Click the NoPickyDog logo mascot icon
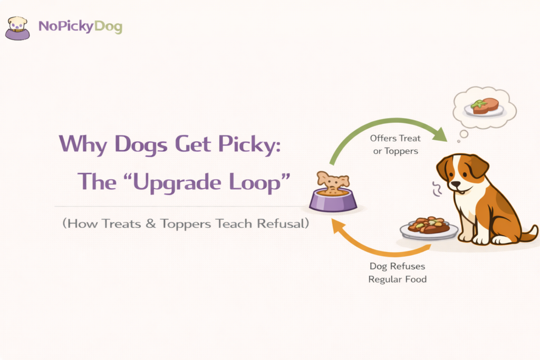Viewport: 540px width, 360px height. point(17,28)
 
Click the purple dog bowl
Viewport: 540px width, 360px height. point(333,199)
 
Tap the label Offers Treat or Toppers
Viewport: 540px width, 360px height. point(396,144)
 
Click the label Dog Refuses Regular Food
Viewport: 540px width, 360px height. point(397,273)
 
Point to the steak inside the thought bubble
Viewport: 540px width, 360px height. point(485,106)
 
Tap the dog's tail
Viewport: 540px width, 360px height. point(529,232)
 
